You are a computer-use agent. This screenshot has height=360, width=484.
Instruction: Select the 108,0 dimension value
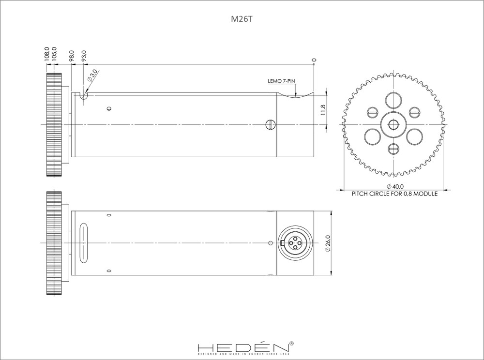[x=47, y=53]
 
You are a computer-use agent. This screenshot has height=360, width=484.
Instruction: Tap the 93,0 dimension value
[x=84, y=55]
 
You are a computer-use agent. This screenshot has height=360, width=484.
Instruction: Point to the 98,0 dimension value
[x=72, y=55]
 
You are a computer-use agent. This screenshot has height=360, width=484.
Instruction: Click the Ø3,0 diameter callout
[x=92, y=75]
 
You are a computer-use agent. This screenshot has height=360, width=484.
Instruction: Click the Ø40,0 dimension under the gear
[x=395, y=187]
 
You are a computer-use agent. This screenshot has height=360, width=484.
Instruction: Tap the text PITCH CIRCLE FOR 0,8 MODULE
[x=394, y=194]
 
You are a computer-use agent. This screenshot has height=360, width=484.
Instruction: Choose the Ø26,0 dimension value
[x=328, y=242]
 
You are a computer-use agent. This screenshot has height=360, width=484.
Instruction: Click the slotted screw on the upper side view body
[x=270, y=125]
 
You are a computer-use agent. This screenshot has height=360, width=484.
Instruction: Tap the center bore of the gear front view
[x=393, y=125]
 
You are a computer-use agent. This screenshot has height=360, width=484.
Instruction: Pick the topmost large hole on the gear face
[x=393, y=100]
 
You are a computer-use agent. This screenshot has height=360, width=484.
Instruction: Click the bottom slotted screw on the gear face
[x=393, y=149]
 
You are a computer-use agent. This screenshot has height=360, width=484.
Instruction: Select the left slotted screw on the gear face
[x=372, y=112]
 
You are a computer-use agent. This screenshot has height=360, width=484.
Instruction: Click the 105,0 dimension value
[x=54, y=53]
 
